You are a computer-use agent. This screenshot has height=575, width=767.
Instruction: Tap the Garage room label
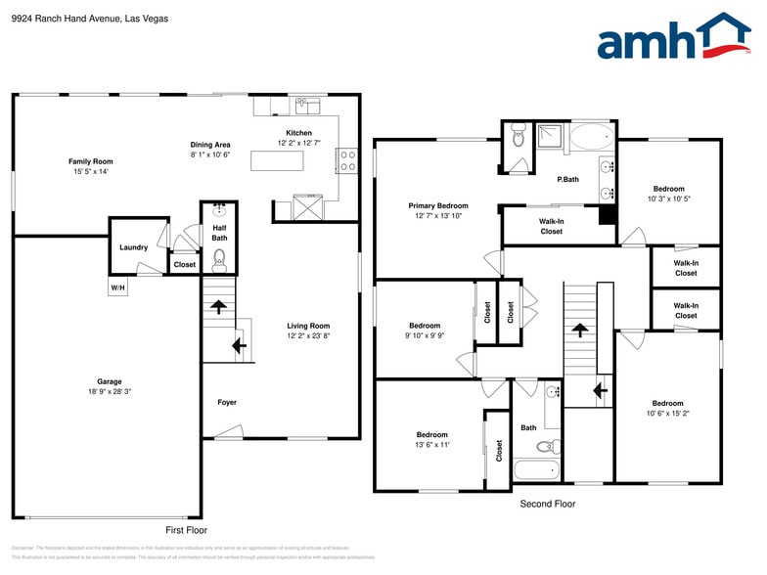pyautogui.click(x=109, y=381)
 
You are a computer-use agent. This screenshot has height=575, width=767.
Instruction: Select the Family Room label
pyautogui.click(x=90, y=161)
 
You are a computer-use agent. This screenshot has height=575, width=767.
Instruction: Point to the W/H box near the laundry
pyautogui.click(x=117, y=287)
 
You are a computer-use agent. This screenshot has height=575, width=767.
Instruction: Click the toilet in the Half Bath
pyautogui.click(x=219, y=258)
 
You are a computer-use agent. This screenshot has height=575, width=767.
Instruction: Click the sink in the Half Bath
pyautogui.click(x=219, y=211)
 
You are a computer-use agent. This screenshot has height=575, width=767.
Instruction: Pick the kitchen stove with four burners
pyautogui.click(x=346, y=160)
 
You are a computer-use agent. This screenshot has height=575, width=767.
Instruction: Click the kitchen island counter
pyautogui.click(x=277, y=160)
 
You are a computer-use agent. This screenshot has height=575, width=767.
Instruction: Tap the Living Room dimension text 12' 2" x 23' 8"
pyautogui.click(x=308, y=336)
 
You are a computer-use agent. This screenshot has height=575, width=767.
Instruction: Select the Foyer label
pyautogui.click(x=227, y=402)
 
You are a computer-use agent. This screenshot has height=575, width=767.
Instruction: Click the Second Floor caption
pyautogui.click(x=548, y=504)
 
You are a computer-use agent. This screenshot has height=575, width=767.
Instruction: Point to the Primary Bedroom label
pyautogui.click(x=437, y=205)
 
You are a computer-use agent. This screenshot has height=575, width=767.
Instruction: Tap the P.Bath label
pyautogui.click(x=567, y=179)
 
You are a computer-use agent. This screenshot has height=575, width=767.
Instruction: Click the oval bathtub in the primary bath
pyautogui.click(x=591, y=136)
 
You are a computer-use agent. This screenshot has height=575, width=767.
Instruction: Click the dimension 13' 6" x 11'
pyautogui.click(x=431, y=445)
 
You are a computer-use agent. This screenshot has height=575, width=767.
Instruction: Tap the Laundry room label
pyautogui.click(x=133, y=247)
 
